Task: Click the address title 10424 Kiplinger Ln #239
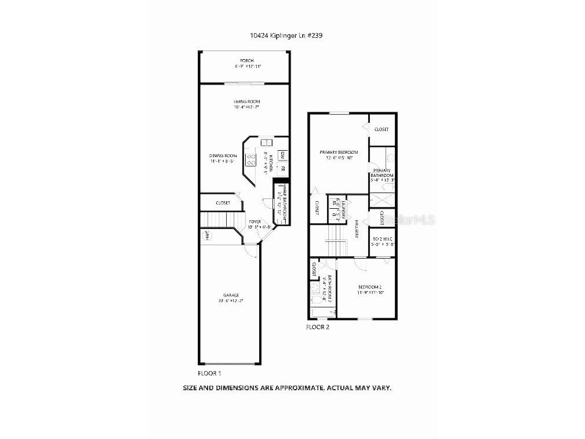pyautogui.click(x=286, y=35)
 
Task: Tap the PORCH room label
pyautogui.click(x=247, y=61)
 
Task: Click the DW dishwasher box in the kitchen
pyautogui.click(x=281, y=155)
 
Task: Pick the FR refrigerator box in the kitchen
pyautogui.click(x=282, y=170)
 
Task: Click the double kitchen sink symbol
pyautogui.click(x=266, y=142)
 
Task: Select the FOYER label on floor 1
pyautogui.click(x=255, y=222)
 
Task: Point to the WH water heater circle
pyautogui.click(x=206, y=235)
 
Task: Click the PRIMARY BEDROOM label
pyautogui.click(x=339, y=153)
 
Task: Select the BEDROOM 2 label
pyautogui.click(x=369, y=288)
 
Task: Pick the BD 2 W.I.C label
pyautogui.click(x=383, y=239)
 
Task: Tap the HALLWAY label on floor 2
pyautogui.click(x=357, y=231)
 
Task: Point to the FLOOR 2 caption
pyautogui.click(x=317, y=328)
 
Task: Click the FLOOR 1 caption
pyautogui.click(x=210, y=373)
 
